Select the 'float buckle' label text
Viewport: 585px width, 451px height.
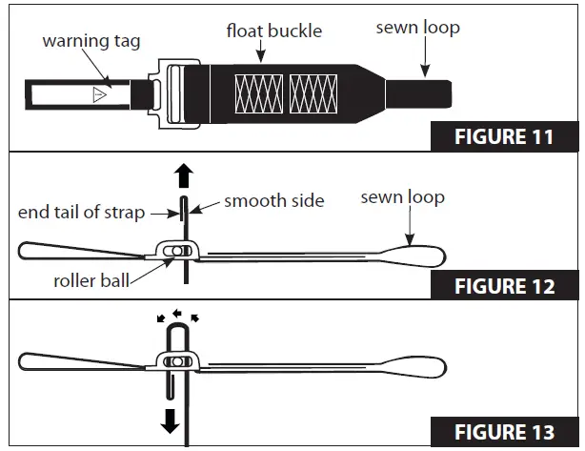pos(273,31)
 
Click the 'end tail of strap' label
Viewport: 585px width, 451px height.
pos(82,212)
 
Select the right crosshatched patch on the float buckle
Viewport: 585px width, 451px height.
pos(313,93)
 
